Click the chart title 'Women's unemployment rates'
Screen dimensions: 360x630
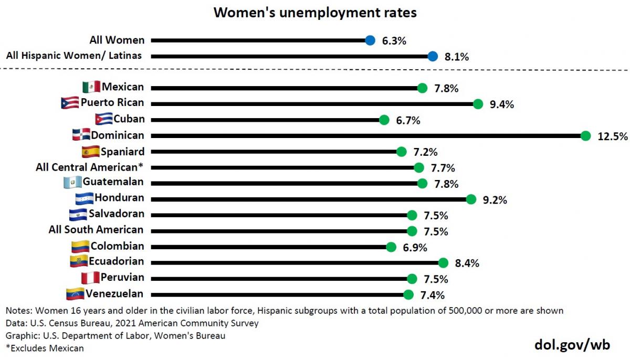(315, 13)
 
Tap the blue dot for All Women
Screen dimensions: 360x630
(370, 40)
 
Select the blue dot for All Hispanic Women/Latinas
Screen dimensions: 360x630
(432, 56)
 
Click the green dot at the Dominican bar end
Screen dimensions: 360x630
(586, 136)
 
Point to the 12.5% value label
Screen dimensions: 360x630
(612, 136)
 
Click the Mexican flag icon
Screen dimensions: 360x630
(91, 87)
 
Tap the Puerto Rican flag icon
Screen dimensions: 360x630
(70, 103)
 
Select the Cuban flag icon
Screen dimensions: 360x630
(103, 119)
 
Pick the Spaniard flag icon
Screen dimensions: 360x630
(91, 152)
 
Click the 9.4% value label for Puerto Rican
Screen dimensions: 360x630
(501, 104)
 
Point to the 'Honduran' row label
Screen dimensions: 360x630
(119, 198)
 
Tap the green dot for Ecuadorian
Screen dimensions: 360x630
(443, 262)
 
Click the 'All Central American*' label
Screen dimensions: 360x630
(90, 167)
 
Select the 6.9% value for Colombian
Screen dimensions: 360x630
(415, 247)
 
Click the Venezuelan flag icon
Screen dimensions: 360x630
(75, 293)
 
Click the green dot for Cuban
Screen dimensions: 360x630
(384, 120)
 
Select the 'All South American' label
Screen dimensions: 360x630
(96, 230)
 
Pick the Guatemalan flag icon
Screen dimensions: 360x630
(72, 183)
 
